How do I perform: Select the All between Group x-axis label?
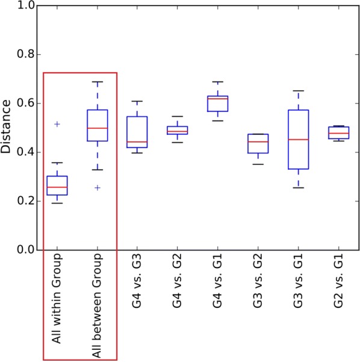pyautogui.click(x=98, y=299)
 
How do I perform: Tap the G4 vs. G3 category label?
pyautogui.click(x=137, y=280)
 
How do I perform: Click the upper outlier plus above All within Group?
pyautogui.click(x=58, y=124)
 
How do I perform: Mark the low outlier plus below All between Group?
pyautogui.click(x=98, y=188)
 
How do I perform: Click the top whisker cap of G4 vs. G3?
pyautogui.click(x=137, y=101)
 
